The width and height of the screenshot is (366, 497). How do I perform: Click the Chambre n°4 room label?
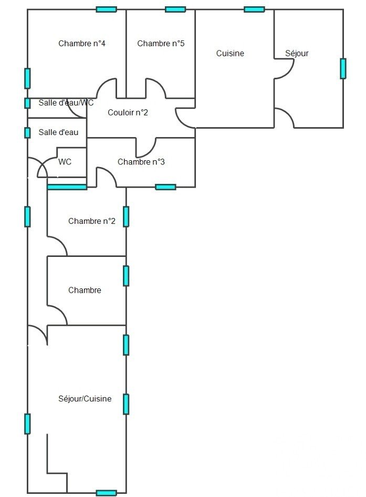click(x=82, y=44)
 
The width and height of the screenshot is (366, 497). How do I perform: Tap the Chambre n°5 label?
click(x=161, y=44)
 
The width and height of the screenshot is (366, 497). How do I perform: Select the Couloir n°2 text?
click(x=128, y=112)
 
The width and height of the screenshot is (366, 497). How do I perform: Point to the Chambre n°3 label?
click(x=141, y=162)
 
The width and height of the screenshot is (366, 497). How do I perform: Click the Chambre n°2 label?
click(x=92, y=221)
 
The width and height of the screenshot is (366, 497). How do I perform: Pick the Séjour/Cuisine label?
click(x=85, y=399)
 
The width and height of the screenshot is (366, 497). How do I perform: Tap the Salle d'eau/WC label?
click(x=66, y=103)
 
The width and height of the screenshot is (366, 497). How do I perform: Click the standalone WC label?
click(x=65, y=162)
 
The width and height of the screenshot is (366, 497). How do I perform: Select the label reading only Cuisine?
click(x=230, y=53)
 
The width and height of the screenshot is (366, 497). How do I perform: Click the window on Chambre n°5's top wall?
click(x=175, y=9)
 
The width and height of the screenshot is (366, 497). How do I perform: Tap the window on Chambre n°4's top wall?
click(x=107, y=9)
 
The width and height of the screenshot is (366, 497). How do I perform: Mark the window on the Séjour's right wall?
click(x=343, y=68)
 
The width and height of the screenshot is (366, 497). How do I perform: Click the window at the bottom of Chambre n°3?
click(x=165, y=187)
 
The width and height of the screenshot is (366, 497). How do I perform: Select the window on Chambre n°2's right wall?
click(x=126, y=216)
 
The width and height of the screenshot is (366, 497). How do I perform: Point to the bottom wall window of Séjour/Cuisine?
click(x=106, y=493)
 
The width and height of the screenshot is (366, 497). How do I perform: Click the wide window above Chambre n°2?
click(x=67, y=187)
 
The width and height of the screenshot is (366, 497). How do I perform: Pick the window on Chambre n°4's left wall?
click(x=27, y=78)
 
